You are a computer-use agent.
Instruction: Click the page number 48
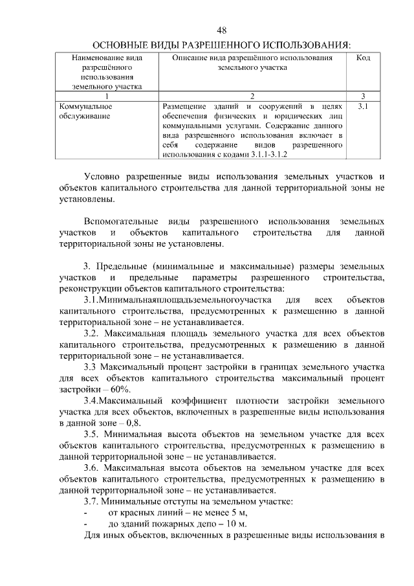tap(221, 30)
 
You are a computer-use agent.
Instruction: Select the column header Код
tap(363, 58)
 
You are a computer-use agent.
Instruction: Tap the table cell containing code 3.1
tap(363, 106)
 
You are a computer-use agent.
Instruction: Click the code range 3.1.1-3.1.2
tap(266, 155)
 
